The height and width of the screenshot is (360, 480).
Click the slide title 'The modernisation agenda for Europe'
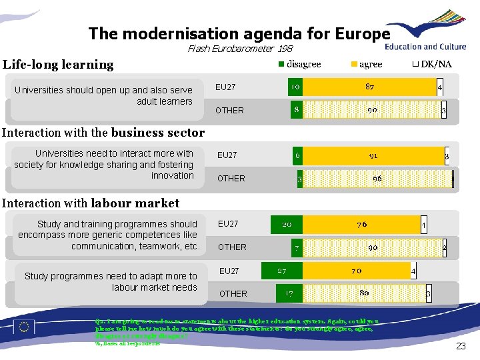(239, 33)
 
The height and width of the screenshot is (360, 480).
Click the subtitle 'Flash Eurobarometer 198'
(239, 49)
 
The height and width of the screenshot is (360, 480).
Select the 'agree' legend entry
(366, 64)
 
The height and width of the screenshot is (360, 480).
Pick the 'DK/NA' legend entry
(431, 64)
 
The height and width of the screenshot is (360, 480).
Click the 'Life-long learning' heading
(59, 65)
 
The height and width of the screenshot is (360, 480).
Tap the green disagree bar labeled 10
(295, 87)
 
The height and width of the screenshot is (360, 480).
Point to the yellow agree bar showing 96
(377, 179)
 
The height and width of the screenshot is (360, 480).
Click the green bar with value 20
(286, 225)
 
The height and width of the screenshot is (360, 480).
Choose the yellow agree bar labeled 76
(361, 225)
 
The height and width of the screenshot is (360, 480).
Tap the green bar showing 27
(282, 271)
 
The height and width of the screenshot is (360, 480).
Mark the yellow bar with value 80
(364, 293)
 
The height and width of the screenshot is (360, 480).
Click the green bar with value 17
(289, 293)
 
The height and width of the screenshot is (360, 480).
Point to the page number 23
(460, 346)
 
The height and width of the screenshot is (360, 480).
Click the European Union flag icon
(25, 326)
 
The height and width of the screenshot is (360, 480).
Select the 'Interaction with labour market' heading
(91, 203)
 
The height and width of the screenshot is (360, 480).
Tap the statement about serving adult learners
(103, 95)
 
